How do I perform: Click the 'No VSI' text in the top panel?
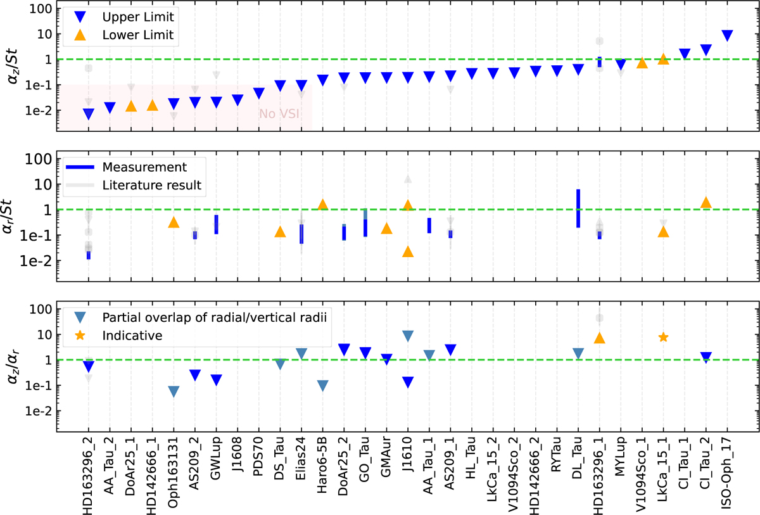(278, 114)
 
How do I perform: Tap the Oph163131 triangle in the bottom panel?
(174, 391)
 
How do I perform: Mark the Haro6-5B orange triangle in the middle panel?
(322, 205)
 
